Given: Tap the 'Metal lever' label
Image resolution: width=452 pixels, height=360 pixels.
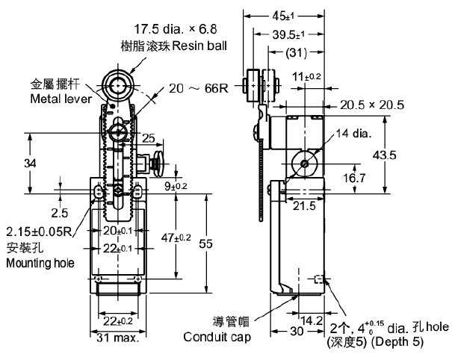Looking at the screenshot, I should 59,98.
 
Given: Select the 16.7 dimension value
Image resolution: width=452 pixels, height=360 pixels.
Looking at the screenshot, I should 353,179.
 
